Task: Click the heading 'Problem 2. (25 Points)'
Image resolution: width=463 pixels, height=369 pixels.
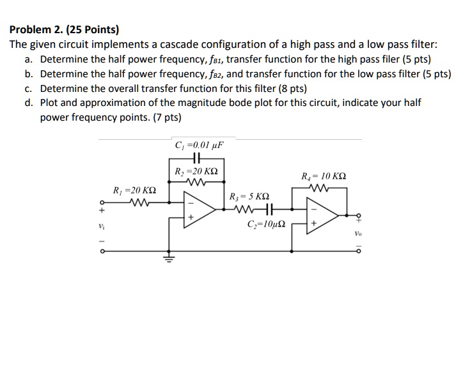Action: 64,29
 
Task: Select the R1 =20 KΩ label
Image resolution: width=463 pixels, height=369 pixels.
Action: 135,191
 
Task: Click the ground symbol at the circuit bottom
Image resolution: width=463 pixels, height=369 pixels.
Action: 169,258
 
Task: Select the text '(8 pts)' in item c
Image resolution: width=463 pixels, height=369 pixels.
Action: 290,88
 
